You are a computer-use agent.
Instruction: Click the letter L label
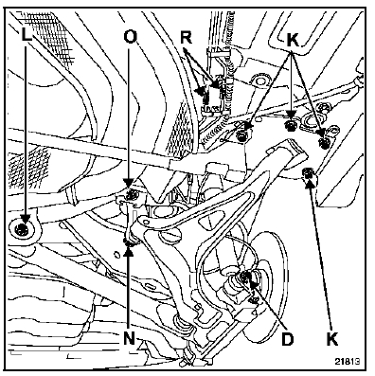point(27,34)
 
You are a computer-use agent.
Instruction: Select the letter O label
point(130,36)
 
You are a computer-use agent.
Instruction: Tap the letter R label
point(187,38)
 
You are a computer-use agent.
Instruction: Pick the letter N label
point(129,339)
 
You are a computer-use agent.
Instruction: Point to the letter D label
point(287,339)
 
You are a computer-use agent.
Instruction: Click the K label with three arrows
point(293,41)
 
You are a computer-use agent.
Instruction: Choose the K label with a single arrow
point(332,339)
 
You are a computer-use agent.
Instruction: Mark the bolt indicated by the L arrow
point(22,228)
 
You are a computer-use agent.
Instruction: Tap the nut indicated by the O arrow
point(130,195)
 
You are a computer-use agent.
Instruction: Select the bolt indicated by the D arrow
point(245,277)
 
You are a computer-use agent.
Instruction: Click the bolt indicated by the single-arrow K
point(308,173)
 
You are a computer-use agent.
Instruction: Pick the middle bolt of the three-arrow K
point(290,126)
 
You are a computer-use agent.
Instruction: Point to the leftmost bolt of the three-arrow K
point(241,135)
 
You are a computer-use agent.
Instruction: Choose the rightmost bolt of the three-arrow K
point(324,143)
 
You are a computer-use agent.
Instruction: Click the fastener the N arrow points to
point(129,242)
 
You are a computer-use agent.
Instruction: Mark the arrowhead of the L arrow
point(26,219)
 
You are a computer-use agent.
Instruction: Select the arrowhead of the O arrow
point(129,183)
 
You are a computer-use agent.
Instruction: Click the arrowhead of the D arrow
point(249,277)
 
